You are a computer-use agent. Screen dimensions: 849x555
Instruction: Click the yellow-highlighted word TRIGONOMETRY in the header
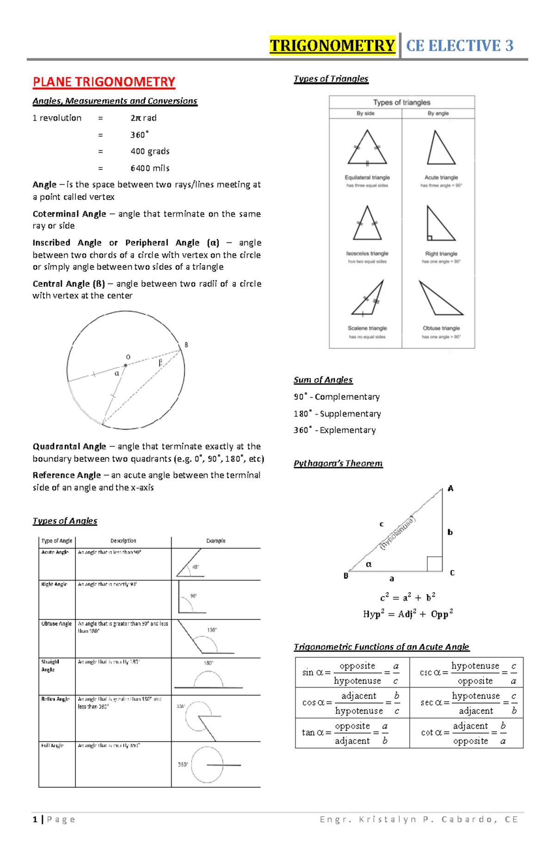click(332, 45)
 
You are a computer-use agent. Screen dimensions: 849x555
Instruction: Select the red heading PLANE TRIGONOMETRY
click(104, 82)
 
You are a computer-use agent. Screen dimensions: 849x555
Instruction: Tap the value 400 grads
click(150, 151)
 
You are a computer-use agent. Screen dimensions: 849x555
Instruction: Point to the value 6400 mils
click(150, 168)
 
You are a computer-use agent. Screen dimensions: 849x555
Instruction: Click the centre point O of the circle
click(125, 365)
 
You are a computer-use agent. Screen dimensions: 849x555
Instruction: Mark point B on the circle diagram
click(186, 345)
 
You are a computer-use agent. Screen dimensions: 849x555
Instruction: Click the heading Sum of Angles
click(323, 380)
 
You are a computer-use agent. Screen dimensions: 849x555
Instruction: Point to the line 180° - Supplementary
click(337, 414)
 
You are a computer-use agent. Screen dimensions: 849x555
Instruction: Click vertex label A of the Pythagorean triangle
click(450, 489)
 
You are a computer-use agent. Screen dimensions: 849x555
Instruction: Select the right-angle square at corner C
click(434, 564)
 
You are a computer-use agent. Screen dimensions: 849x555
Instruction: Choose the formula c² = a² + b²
click(407, 597)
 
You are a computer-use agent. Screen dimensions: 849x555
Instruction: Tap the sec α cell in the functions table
click(466, 703)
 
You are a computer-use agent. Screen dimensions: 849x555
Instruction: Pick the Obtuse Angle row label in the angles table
click(56, 624)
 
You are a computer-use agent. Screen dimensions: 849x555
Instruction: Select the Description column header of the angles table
click(123, 540)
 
